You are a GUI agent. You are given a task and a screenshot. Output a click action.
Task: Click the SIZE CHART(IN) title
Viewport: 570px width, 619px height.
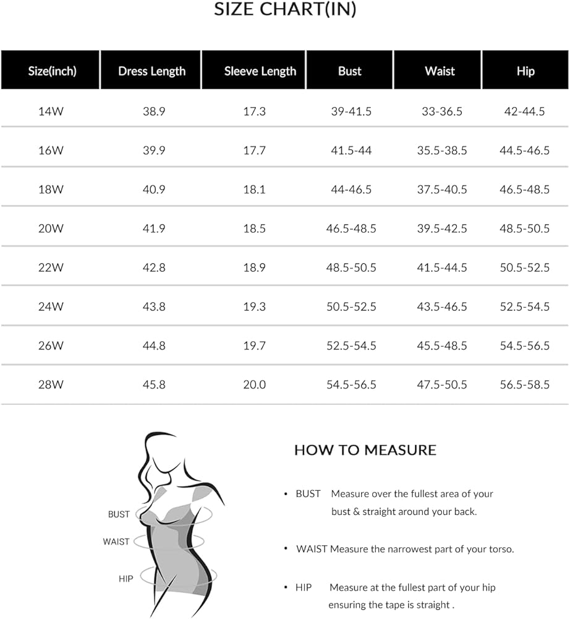click(x=285, y=10)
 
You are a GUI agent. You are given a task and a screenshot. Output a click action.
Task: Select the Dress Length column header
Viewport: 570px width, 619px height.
click(x=151, y=71)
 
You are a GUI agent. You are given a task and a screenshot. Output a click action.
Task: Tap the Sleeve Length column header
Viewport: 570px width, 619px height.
click(x=260, y=71)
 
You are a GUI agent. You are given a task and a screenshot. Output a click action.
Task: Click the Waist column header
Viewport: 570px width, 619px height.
click(x=440, y=71)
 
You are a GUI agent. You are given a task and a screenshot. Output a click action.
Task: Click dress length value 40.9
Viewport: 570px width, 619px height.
click(x=153, y=189)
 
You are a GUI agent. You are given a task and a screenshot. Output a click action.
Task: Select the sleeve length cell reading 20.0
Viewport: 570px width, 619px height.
click(x=254, y=384)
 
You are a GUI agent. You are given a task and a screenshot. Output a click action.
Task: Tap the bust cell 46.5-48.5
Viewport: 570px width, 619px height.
click(x=351, y=228)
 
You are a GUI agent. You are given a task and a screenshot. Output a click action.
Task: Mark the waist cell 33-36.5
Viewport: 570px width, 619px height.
click(x=441, y=112)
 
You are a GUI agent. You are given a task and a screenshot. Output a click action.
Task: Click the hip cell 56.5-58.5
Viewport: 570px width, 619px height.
click(x=524, y=384)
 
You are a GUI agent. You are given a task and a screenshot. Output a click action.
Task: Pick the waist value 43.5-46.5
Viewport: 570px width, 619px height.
click(x=441, y=306)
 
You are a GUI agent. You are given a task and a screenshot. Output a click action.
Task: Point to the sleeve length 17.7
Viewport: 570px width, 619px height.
click(x=254, y=150)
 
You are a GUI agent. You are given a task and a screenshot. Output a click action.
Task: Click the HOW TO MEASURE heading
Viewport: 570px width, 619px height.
click(x=365, y=450)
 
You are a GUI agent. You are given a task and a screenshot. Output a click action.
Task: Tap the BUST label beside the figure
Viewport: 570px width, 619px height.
click(x=119, y=514)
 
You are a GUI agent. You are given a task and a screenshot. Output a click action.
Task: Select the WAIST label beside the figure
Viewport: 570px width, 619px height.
click(x=116, y=542)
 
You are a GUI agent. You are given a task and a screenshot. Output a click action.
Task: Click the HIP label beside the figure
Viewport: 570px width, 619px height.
click(x=125, y=579)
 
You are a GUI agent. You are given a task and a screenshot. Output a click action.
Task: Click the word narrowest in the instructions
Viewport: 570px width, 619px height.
click(x=415, y=549)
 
